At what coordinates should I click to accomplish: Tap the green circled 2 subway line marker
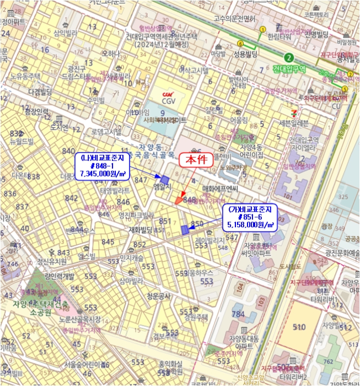[x=288, y=58]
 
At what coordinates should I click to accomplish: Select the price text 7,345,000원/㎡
[x=105, y=173]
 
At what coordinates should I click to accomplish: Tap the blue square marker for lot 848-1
[x=164, y=179]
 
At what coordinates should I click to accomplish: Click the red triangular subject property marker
[x=179, y=200]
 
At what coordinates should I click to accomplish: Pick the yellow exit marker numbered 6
[x=240, y=44]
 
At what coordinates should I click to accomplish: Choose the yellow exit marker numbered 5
[x=345, y=89]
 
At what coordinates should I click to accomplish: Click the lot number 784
[x=238, y=314]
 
